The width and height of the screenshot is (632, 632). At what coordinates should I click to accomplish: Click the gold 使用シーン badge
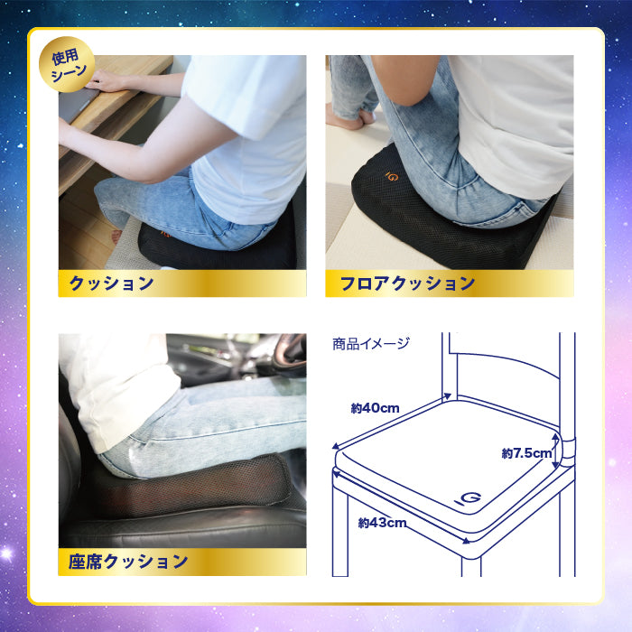[67, 64]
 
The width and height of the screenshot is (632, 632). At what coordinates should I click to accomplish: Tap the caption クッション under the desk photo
[112, 283]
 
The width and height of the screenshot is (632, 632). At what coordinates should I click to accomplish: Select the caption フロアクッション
[407, 283]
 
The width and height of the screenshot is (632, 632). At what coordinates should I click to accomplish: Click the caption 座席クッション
[128, 562]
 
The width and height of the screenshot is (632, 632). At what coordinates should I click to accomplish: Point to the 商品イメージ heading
[371, 344]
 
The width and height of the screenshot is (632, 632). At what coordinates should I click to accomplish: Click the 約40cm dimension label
[375, 408]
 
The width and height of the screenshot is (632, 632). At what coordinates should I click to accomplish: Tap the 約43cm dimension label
[382, 523]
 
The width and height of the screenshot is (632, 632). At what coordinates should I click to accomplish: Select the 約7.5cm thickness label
[526, 453]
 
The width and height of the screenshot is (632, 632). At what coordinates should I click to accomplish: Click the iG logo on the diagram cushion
[468, 498]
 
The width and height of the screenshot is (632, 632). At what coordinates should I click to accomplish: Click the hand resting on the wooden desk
[106, 80]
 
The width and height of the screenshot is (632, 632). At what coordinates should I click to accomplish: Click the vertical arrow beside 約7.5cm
[556, 451]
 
